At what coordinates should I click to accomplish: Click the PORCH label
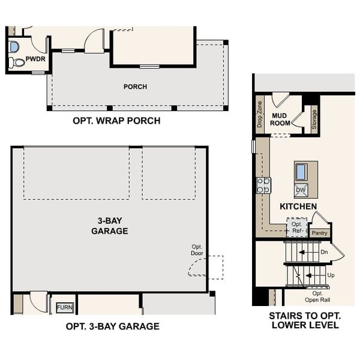[x=135, y=87]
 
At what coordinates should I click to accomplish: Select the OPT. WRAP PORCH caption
[x=116, y=121]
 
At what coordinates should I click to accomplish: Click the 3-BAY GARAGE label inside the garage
[x=109, y=226]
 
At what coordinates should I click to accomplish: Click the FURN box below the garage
[x=64, y=307]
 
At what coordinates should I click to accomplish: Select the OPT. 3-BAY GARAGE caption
[x=112, y=326]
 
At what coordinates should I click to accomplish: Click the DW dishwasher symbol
[x=301, y=190]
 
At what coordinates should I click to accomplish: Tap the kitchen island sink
[x=301, y=172]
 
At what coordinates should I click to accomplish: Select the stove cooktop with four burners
[x=264, y=185]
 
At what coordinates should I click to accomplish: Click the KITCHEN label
[x=298, y=206]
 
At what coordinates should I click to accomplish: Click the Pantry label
[x=320, y=233]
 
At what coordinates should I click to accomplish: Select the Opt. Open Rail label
[x=317, y=296]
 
